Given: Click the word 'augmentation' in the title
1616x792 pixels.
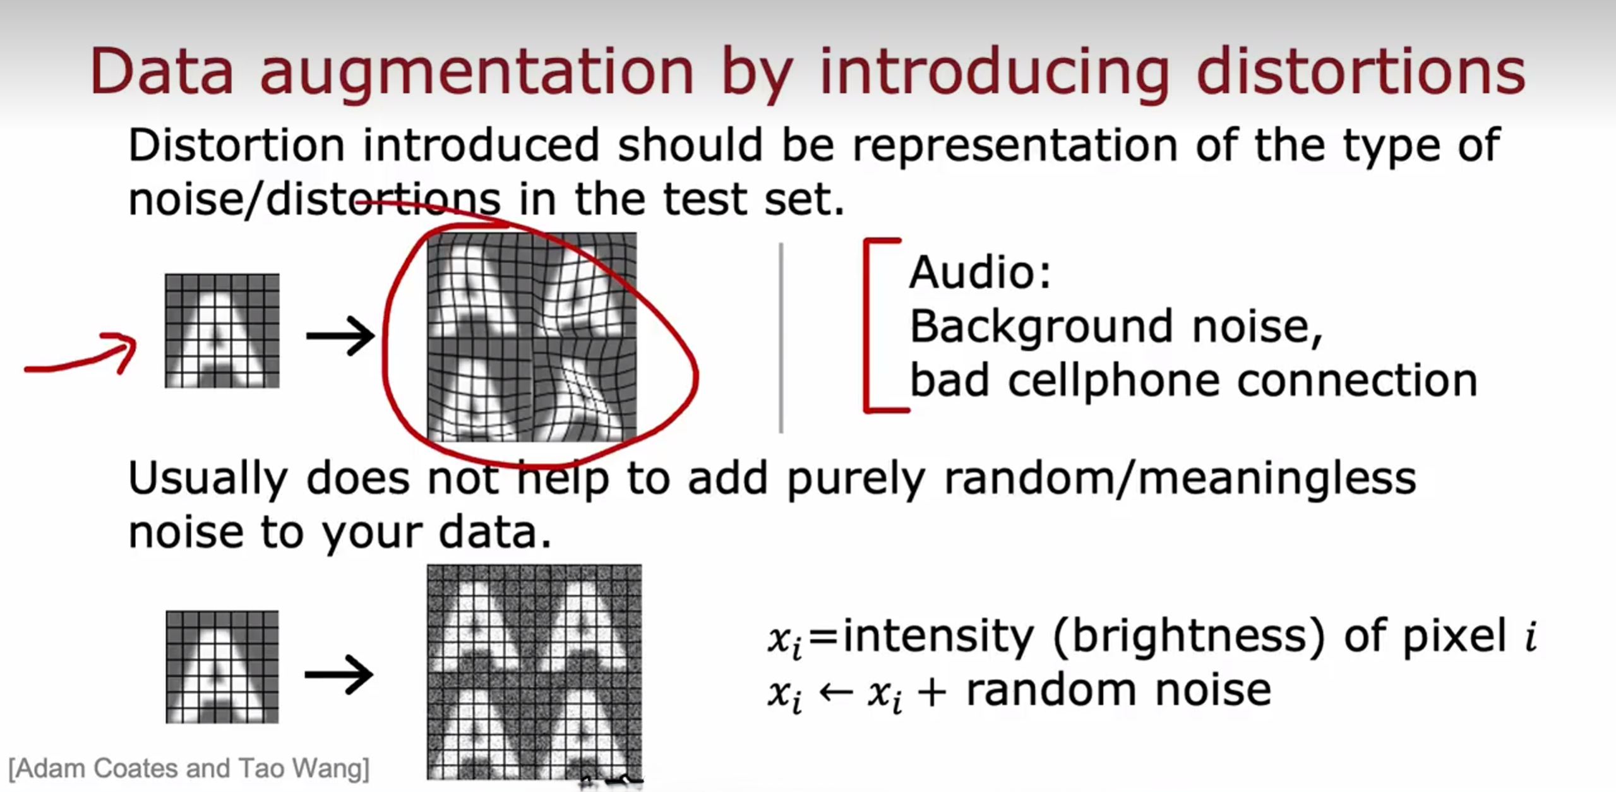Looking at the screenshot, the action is pos(477,73).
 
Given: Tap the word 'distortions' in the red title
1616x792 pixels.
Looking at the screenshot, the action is pos(1360,69).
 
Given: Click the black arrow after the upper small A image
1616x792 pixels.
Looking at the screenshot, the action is pos(340,335).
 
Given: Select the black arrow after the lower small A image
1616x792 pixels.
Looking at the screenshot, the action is pos(338,675).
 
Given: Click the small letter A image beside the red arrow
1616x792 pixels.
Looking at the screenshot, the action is pos(222,330).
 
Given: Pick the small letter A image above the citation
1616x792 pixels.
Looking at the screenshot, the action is pos(222,667).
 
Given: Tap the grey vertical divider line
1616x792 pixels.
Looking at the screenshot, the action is pos(781,338).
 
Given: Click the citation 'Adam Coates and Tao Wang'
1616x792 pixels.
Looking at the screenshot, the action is pos(189,769).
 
